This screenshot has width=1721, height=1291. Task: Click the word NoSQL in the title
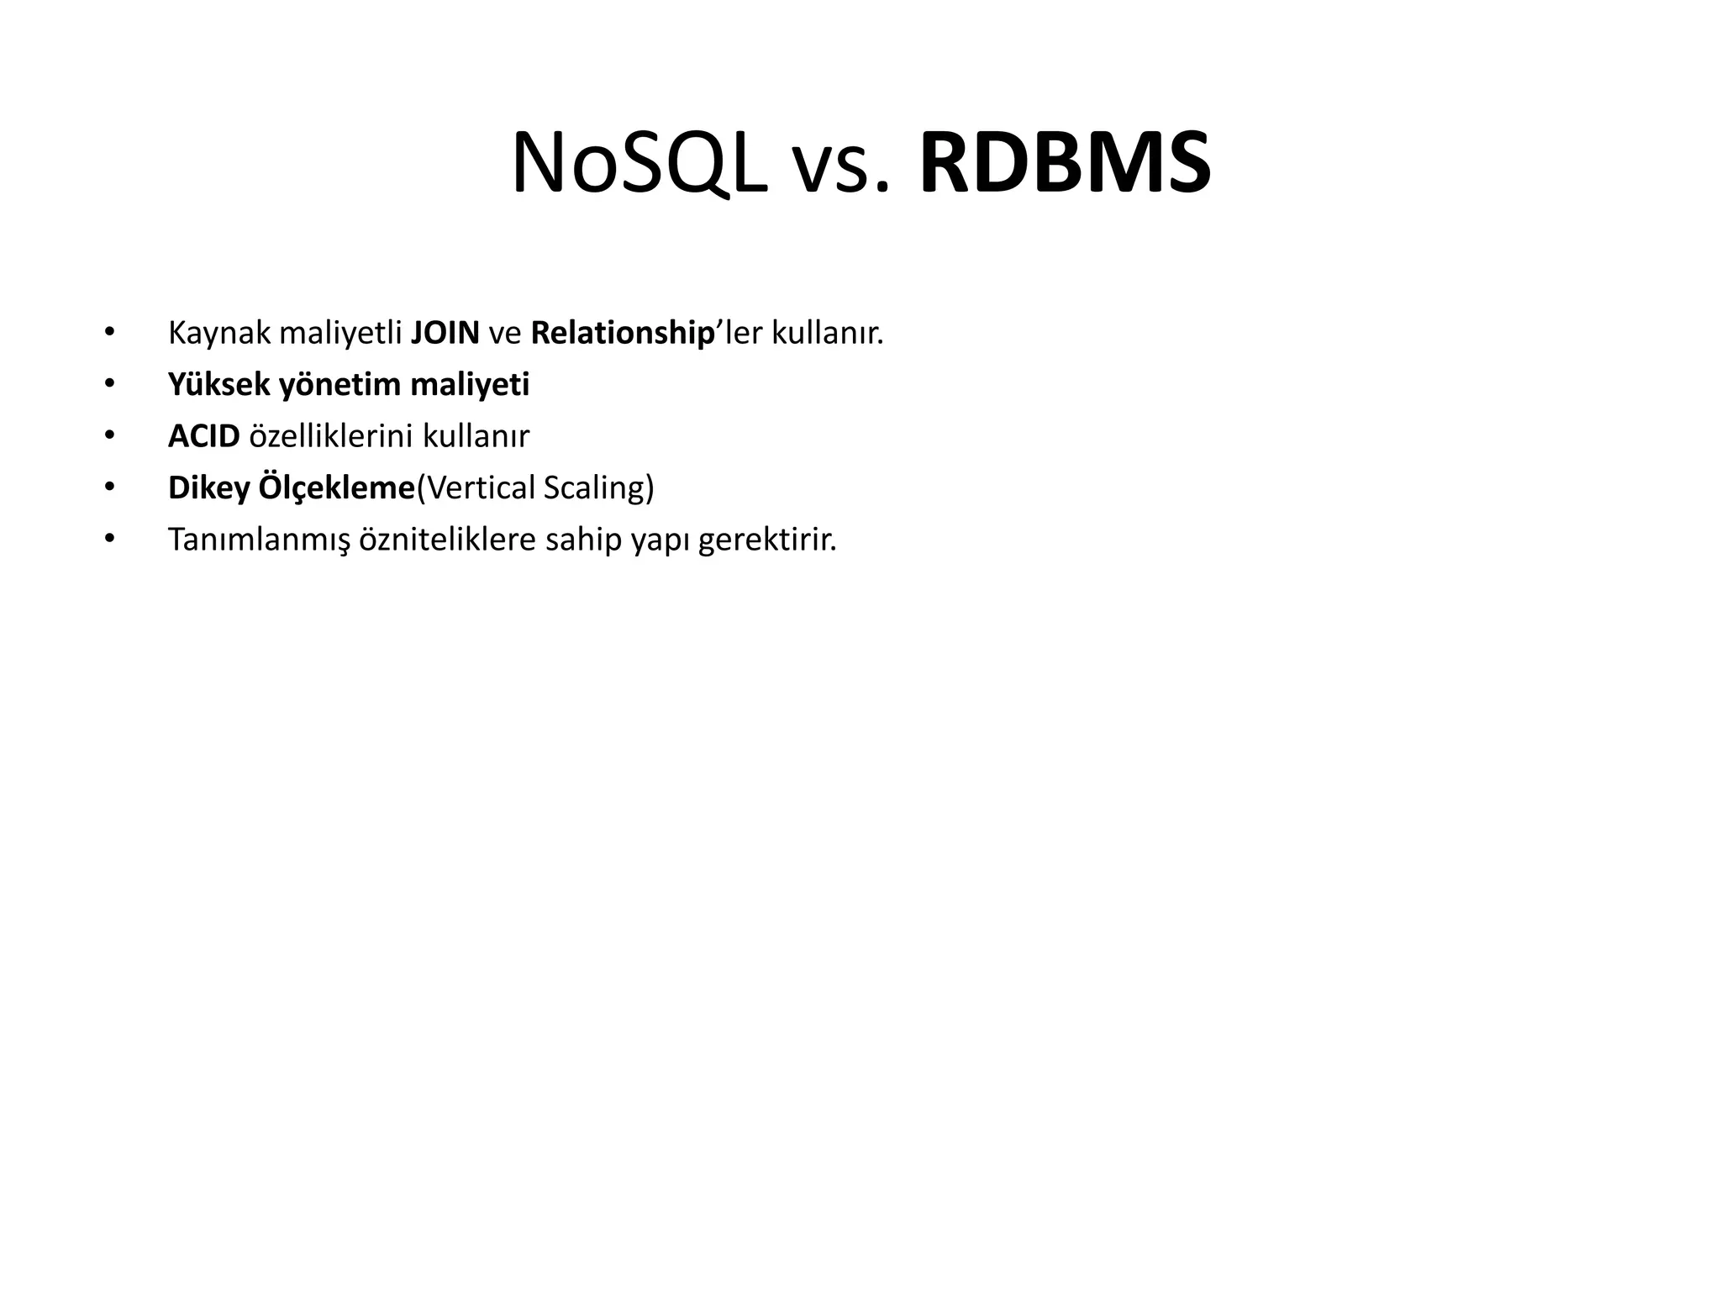click(x=639, y=164)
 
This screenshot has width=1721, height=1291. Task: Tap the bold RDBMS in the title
click(x=1066, y=164)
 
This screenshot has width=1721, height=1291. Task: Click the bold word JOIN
click(x=445, y=334)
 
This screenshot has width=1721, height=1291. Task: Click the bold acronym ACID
click(x=204, y=436)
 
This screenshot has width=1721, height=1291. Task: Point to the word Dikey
click(x=208, y=488)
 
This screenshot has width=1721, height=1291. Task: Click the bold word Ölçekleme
click(x=337, y=488)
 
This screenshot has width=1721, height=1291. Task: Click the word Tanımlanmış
click(x=258, y=540)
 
